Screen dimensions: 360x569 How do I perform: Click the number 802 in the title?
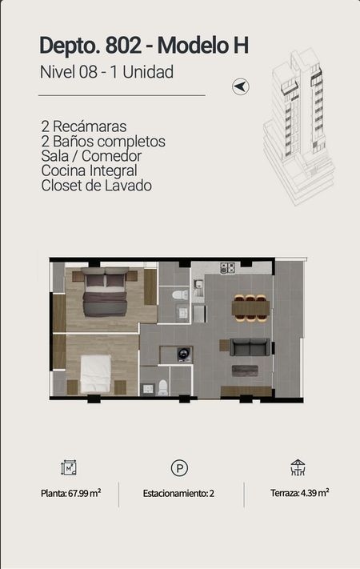tap(123, 46)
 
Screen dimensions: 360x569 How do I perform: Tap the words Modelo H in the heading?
tap(203, 46)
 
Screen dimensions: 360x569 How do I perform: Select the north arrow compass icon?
tap(241, 86)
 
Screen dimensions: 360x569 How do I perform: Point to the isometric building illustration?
tap(298, 126)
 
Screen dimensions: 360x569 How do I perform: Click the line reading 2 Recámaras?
tap(84, 126)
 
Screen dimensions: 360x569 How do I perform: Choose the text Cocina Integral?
tap(90, 170)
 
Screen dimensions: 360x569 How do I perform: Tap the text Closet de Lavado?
tap(96, 186)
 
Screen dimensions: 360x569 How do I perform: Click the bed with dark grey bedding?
tap(105, 292)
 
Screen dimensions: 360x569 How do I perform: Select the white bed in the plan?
tap(95, 374)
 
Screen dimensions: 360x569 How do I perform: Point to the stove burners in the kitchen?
tap(227, 268)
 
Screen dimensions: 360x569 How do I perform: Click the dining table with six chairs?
tap(250, 308)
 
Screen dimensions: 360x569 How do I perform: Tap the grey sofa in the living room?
tap(250, 347)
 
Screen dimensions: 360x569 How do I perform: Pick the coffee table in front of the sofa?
tap(245, 371)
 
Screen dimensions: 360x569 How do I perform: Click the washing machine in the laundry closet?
tap(184, 355)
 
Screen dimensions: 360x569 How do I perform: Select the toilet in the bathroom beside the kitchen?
tap(180, 295)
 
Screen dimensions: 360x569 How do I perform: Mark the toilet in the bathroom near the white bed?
tap(163, 387)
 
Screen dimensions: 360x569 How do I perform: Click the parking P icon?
tap(179, 467)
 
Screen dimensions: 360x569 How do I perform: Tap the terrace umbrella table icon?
tap(298, 467)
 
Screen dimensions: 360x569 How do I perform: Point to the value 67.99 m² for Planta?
tap(85, 493)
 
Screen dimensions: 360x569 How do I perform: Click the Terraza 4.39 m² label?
tap(299, 493)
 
